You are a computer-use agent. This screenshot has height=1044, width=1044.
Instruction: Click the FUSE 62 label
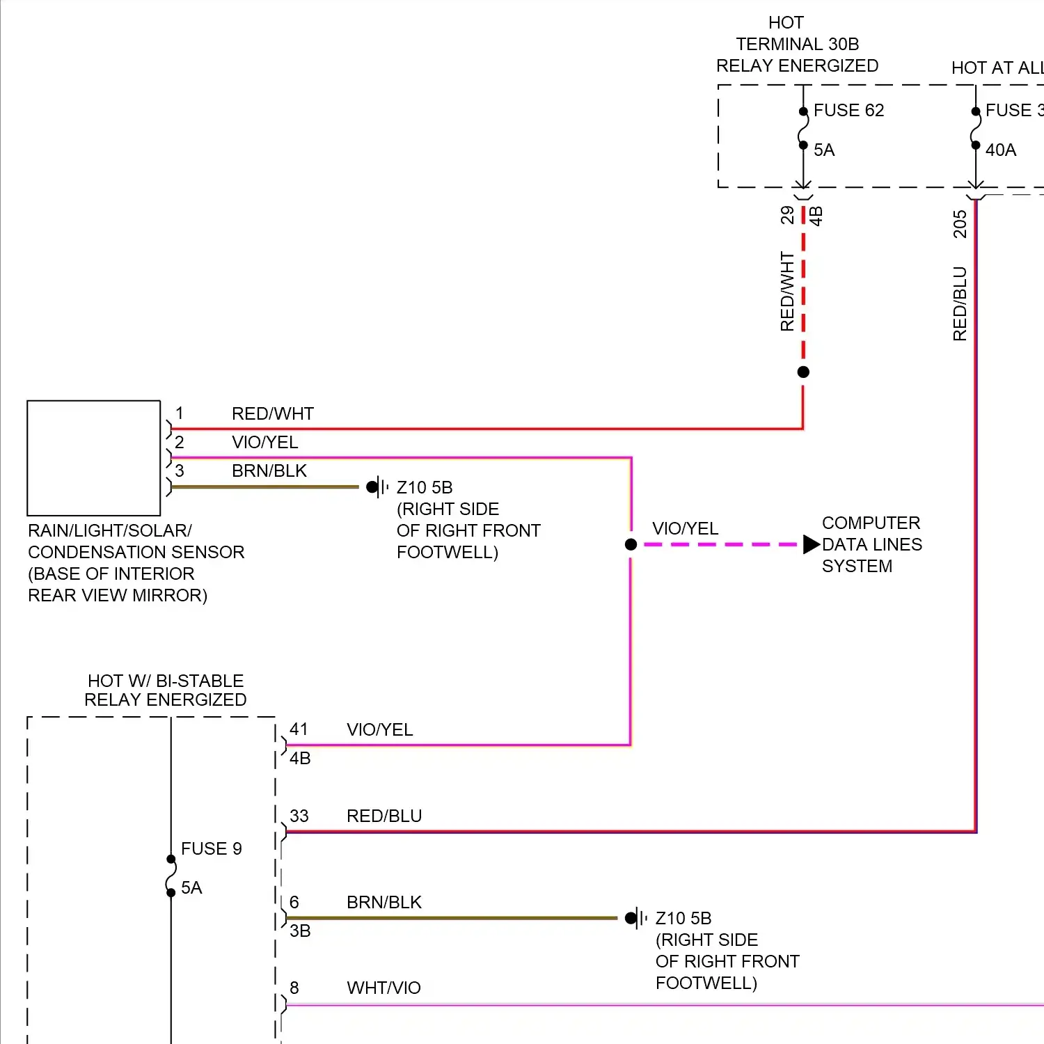tap(848, 111)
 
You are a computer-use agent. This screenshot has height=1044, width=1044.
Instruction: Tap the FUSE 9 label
tap(211, 848)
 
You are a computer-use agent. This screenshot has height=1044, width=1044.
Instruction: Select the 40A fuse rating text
tap(1000, 150)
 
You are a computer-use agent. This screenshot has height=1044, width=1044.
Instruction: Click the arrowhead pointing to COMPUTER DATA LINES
tap(811, 544)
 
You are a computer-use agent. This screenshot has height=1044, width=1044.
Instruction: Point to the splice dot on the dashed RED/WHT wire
tap(803, 372)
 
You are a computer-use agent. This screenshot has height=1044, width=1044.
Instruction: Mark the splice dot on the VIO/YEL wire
tap(631, 544)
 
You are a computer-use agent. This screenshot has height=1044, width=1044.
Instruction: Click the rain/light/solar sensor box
tap(94, 458)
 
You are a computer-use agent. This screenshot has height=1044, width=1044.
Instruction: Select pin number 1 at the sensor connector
tap(180, 413)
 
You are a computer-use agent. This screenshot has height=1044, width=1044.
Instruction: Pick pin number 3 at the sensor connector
tap(180, 470)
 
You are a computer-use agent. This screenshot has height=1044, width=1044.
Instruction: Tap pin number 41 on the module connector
tap(299, 729)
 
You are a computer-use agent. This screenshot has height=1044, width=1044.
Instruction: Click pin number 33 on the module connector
tap(299, 816)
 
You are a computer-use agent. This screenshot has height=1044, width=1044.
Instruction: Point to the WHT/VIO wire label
tap(383, 988)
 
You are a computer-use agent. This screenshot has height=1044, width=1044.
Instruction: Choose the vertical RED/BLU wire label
tap(960, 303)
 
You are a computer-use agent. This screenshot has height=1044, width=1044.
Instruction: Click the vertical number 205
tap(960, 224)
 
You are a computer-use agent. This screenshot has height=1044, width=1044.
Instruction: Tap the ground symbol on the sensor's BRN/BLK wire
tap(377, 487)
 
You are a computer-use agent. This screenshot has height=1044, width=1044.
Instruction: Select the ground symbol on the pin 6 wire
tap(635, 918)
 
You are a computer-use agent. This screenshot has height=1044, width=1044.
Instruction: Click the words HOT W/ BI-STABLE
tap(166, 681)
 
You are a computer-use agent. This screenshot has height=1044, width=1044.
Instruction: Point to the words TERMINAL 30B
tap(798, 45)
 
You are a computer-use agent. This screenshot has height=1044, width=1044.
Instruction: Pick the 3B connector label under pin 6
tap(300, 931)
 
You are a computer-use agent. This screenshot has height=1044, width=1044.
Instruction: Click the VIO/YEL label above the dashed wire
tap(685, 529)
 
